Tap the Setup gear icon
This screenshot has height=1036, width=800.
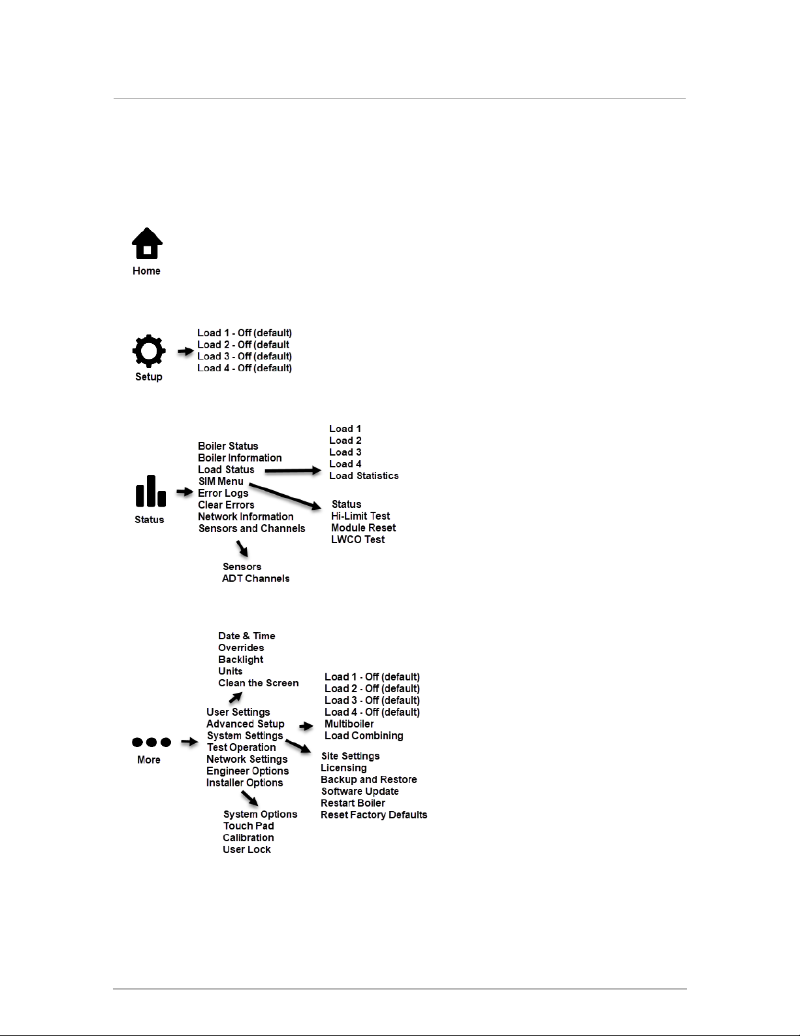(x=149, y=351)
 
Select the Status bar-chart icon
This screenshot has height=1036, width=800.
(x=150, y=492)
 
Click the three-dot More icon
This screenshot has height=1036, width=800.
(x=152, y=742)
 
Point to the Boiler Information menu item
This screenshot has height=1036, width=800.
(x=240, y=458)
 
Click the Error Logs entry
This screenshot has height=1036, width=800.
(x=223, y=493)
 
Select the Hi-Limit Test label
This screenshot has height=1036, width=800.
(x=360, y=516)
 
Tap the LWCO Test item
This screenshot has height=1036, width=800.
(x=357, y=540)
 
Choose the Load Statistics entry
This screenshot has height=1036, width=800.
(x=363, y=476)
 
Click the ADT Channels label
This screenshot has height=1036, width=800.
(x=255, y=578)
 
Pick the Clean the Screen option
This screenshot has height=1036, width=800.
(x=258, y=683)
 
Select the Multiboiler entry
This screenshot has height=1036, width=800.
(x=349, y=724)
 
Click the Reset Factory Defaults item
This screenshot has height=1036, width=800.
(x=374, y=815)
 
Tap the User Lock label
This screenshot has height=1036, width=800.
(x=246, y=850)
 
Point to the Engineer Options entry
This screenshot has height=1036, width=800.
(x=247, y=771)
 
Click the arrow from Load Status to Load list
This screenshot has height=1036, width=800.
(x=293, y=471)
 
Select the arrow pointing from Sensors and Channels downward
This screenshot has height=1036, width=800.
(x=242, y=548)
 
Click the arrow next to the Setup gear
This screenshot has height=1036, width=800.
(x=185, y=352)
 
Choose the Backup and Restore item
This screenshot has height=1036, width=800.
(x=368, y=780)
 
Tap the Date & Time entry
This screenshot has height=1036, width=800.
(x=246, y=636)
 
